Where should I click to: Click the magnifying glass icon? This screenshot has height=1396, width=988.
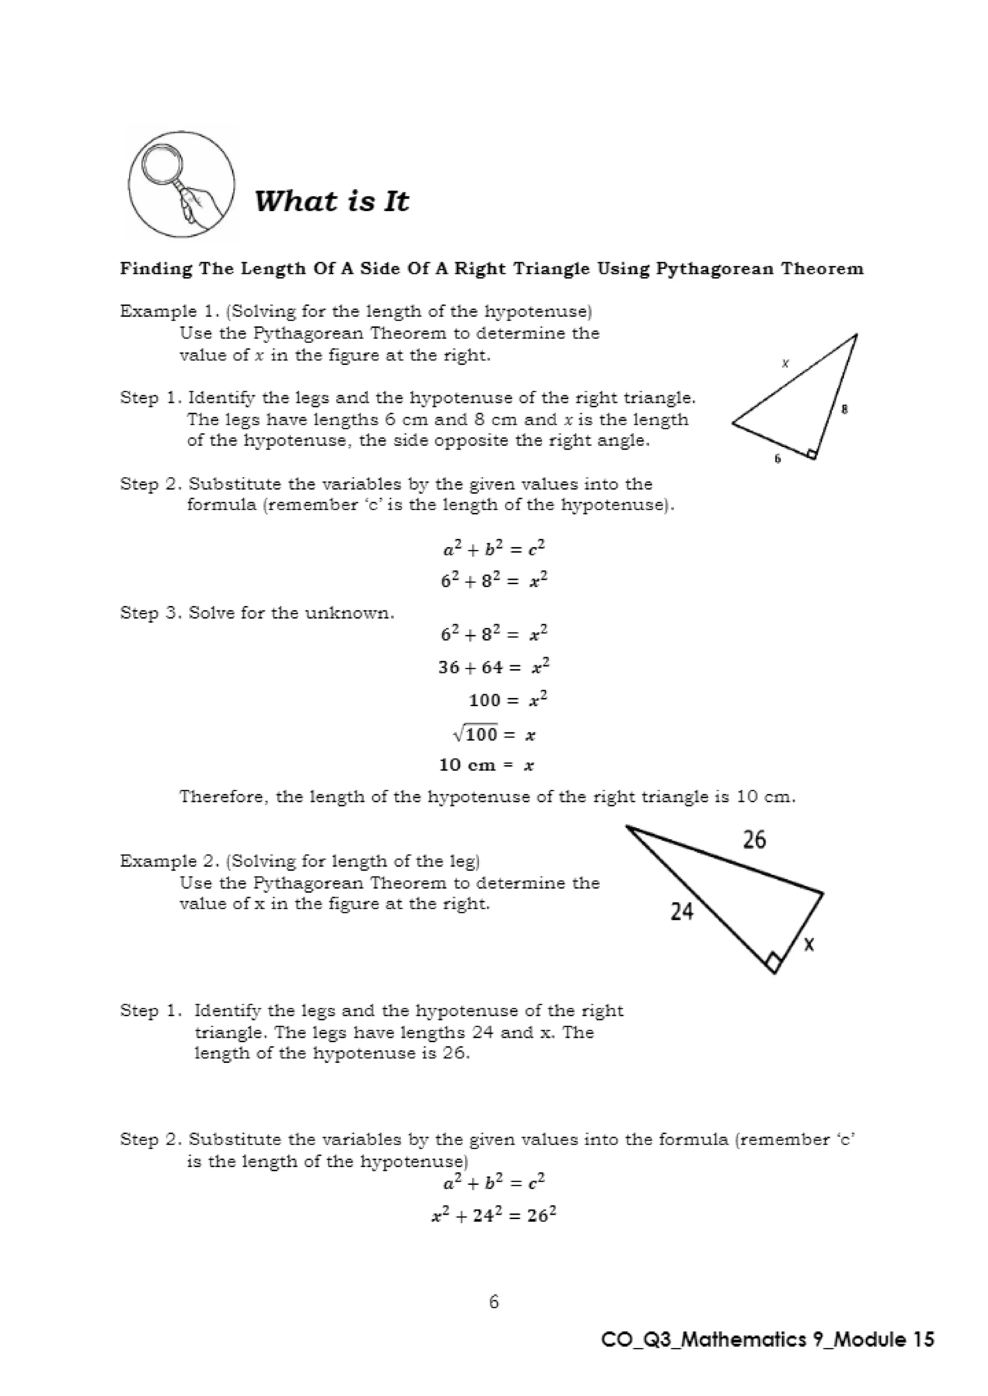(181, 184)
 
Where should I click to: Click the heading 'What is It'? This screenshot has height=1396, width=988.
(331, 201)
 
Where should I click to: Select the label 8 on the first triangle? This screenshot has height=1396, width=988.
(844, 410)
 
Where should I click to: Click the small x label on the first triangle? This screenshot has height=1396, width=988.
(785, 363)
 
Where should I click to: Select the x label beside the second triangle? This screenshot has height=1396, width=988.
(809, 944)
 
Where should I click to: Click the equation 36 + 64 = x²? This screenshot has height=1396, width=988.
(494, 667)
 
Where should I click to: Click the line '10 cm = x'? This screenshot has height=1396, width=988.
(487, 765)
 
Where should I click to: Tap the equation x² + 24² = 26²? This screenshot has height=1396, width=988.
(494, 1216)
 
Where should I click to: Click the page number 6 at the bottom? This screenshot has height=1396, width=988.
(494, 1302)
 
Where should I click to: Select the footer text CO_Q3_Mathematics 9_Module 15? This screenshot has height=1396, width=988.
(767, 1340)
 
